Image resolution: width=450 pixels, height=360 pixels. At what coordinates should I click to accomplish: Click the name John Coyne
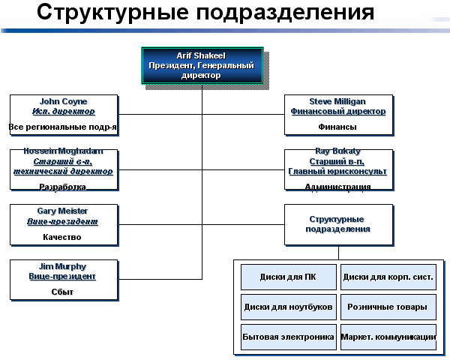click(x=63, y=101)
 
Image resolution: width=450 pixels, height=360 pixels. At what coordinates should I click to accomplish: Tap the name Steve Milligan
click(x=338, y=101)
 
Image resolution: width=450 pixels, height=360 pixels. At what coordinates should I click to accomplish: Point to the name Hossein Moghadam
click(x=63, y=151)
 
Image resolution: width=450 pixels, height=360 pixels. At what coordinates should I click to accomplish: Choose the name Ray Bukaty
click(x=337, y=151)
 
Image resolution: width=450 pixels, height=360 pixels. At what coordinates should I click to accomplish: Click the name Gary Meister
click(x=63, y=211)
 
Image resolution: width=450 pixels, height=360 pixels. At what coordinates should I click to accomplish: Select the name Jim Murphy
click(x=63, y=266)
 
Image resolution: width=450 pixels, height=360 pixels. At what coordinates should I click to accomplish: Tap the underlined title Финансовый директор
click(x=338, y=111)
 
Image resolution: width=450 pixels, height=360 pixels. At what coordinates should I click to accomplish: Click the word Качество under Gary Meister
click(x=63, y=237)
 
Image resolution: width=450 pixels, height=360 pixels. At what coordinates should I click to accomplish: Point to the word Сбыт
click(x=63, y=292)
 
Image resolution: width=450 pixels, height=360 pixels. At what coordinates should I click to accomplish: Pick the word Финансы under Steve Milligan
click(x=337, y=127)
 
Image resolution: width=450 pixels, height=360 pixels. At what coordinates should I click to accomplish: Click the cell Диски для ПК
click(x=288, y=277)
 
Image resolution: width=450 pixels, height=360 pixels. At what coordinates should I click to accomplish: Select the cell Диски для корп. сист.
click(x=388, y=277)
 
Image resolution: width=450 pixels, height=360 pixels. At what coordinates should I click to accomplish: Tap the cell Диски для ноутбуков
click(x=288, y=307)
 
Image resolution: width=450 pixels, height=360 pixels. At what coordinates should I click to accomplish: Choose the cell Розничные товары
click(x=388, y=307)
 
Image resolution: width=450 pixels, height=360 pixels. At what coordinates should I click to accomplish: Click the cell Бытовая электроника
click(x=288, y=337)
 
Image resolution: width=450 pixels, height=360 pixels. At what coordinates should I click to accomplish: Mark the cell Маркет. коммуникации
click(x=388, y=337)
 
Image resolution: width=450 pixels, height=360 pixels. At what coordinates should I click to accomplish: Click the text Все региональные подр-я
click(x=63, y=127)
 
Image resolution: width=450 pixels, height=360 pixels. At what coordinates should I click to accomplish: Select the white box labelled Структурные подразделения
click(x=339, y=223)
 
